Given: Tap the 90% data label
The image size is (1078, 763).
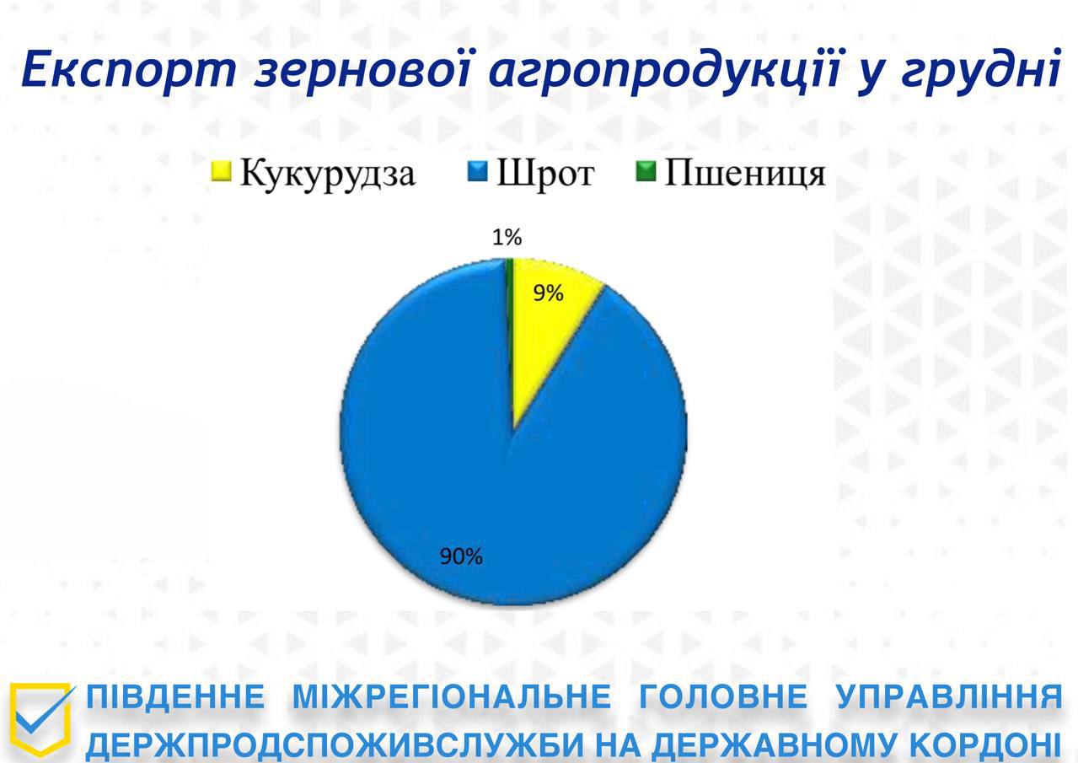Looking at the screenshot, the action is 462,557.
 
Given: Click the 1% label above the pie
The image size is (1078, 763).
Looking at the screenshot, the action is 507,237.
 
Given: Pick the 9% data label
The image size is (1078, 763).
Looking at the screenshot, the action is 548,293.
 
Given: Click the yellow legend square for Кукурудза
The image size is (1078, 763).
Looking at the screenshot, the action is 222,171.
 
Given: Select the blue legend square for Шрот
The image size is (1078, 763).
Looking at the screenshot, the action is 478,171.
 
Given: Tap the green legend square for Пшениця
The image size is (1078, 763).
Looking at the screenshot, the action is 646,171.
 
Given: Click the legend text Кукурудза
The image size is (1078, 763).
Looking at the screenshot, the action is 327,175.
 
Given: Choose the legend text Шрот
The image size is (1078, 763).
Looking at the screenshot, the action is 545,174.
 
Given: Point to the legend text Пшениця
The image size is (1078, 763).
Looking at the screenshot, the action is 745,174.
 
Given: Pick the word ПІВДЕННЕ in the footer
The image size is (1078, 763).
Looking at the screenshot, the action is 175,696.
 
